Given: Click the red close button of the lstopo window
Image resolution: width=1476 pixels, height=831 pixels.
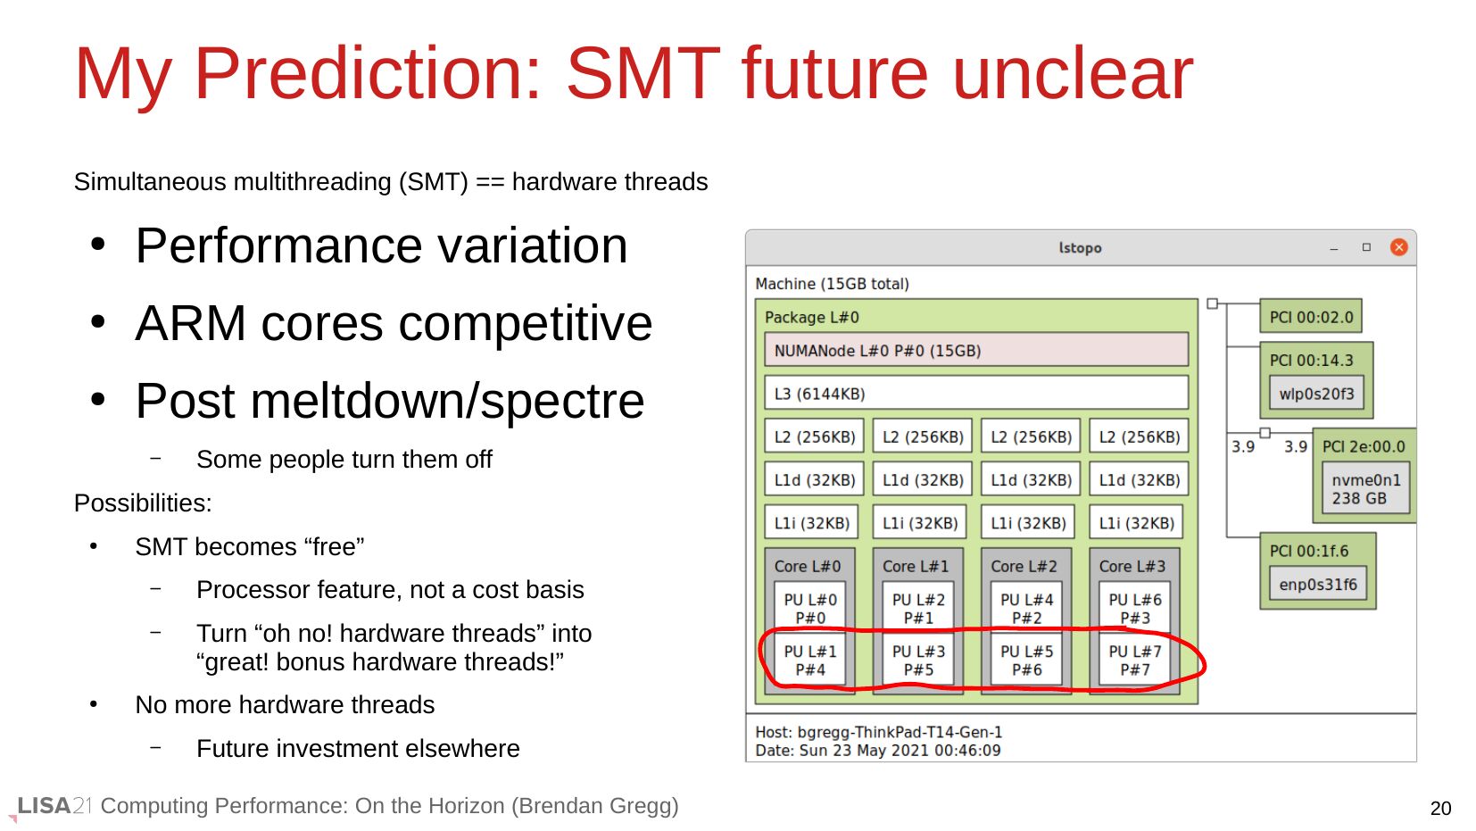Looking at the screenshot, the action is click(1399, 247).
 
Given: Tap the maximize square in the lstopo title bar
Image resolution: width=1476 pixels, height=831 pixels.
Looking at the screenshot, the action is click(1366, 247).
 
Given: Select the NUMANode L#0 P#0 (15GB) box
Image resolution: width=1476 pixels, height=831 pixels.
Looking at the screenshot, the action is click(976, 350).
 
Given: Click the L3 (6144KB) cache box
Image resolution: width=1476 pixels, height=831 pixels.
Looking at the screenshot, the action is click(976, 394).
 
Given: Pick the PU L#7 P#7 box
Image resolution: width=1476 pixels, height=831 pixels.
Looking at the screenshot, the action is click(1135, 661).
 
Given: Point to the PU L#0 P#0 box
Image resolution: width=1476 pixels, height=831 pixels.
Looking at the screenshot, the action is click(809, 608).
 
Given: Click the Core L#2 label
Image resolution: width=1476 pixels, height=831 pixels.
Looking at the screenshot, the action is click(1024, 566).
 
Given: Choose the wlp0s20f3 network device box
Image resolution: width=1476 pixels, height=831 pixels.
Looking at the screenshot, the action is click(1316, 394).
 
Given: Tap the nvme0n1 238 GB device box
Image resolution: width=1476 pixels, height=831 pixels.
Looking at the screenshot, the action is click(1366, 489).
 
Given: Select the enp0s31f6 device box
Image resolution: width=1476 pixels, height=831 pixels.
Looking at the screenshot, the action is click(1318, 584).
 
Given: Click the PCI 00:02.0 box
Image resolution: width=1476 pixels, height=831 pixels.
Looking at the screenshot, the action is click(1311, 316).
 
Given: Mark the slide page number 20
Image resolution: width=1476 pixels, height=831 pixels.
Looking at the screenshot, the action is click(1440, 808).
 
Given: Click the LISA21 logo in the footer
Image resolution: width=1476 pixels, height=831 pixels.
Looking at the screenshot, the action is click(54, 806).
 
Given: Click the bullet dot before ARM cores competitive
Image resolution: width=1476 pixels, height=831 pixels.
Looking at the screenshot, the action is click(97, 322).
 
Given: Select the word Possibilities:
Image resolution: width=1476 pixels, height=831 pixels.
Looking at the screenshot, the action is click(143, 503).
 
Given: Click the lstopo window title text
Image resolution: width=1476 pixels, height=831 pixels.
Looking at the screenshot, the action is click(1080, 248).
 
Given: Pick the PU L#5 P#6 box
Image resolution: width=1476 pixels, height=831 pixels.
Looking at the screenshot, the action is click(1026, 661).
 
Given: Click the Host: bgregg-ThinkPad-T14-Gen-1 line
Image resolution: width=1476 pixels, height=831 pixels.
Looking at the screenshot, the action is click(878, 732).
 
